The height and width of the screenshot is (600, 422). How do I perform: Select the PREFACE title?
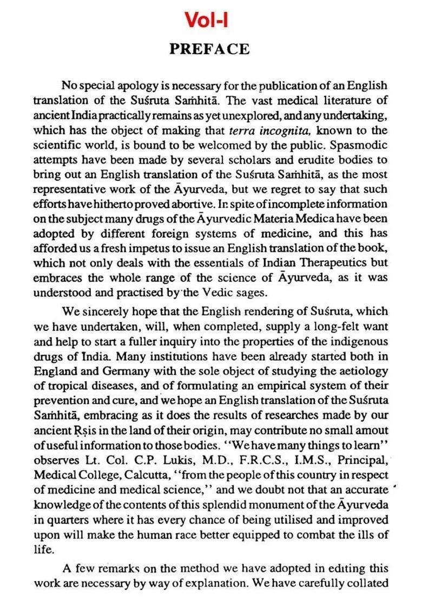pos(209,49)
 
